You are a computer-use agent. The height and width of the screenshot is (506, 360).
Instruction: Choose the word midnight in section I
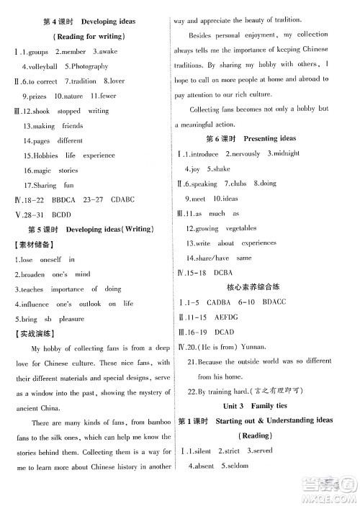click(x=284, y=153)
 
